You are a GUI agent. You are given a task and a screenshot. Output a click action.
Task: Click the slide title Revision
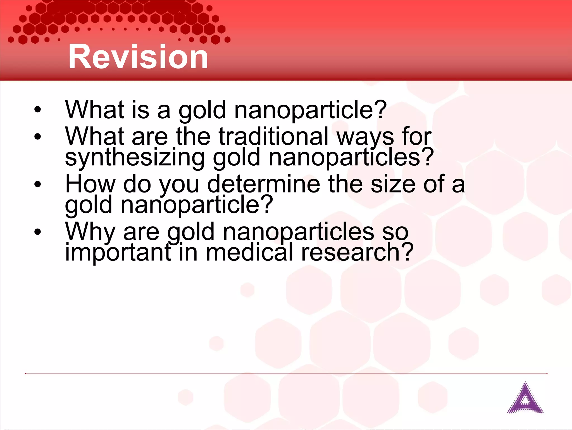pos(138,57)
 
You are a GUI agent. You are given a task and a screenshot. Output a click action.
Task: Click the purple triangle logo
pos(525,398)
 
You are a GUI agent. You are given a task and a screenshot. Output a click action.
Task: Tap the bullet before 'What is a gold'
pos(37,109)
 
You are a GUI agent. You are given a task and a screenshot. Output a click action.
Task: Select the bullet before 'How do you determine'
pos(37,184)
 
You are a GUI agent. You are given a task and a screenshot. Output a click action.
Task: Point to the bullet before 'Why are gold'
pos(37,232)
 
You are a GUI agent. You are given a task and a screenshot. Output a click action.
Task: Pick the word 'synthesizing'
pos(135,158)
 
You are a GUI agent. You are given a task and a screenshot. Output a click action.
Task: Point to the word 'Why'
pos(90,232)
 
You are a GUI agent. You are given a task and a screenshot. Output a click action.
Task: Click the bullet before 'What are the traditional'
pos(37,137)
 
